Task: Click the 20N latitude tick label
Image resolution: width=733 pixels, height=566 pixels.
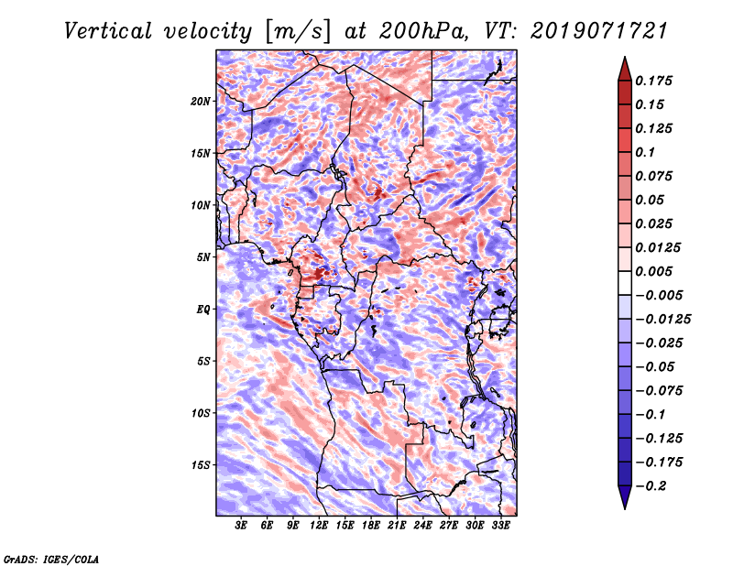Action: coord(201,101)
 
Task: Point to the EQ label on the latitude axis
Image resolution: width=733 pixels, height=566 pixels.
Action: coord(203,309)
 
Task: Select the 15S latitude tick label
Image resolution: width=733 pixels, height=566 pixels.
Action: coord(201,464)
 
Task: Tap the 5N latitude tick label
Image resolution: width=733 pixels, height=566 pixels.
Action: coord(203,256)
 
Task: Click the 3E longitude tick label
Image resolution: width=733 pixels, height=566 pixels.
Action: coord(242,527)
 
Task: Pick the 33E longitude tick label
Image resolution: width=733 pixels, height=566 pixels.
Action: coord(500,527)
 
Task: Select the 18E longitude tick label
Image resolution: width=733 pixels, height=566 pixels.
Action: coord(371,527)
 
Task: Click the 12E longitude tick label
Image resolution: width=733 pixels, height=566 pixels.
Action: coord(320,527)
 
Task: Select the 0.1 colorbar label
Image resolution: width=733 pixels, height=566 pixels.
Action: coord(647,152)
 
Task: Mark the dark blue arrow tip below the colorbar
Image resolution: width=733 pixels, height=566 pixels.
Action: coord(624,502)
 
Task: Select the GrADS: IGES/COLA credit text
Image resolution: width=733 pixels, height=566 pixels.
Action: coord(50,558)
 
